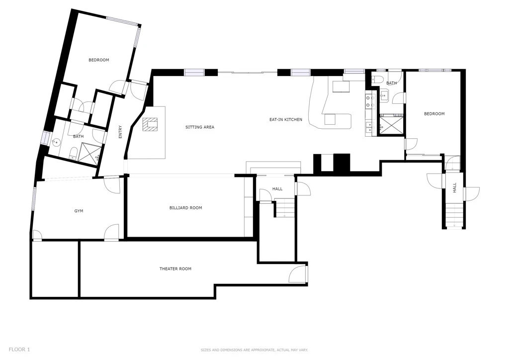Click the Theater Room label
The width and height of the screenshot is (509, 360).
click(x=175, y=269)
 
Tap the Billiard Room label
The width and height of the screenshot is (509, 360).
click(x=186, y=208)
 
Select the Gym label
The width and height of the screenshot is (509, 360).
click(x=79, y=211)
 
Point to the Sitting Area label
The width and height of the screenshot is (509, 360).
click(x=200, y=127)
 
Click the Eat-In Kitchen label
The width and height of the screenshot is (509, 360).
click(x=286, y=120)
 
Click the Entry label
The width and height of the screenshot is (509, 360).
click(x=120, y=132)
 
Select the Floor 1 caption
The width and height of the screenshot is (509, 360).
click(x=19, y=350)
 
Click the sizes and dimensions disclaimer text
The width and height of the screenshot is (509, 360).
click(x=254, y=350)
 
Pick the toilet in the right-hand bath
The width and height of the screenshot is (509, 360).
click(x=377, y=79)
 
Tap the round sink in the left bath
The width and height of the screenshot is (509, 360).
click(x=55, y=142)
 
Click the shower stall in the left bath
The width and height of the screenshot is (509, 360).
click(x=90, y=152)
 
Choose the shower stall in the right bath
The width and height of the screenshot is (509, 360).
click(x=392, y=125)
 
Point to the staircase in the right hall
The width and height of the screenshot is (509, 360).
click(x=454, y=216)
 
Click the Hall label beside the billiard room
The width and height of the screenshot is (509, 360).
click(x=277, y=189)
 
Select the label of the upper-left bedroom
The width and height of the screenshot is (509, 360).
click(x=99, y=60)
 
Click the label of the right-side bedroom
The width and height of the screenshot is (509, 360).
click(x=434, y=114)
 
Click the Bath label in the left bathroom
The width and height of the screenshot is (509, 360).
click(x=78, y=137)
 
